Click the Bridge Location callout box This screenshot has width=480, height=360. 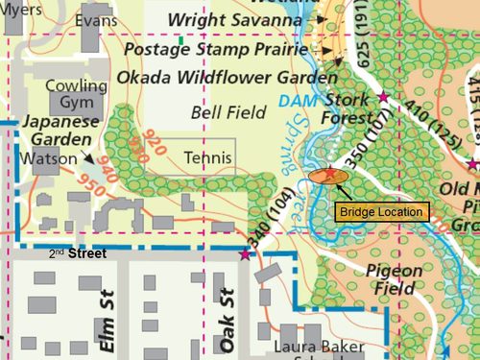(381, 211)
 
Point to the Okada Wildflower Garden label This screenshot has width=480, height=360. (227, 77)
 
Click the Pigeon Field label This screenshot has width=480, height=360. (395, 278)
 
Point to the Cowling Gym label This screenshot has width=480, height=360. (76, 94)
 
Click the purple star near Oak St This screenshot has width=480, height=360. (244, 254)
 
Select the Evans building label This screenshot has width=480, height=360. (95, 20)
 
